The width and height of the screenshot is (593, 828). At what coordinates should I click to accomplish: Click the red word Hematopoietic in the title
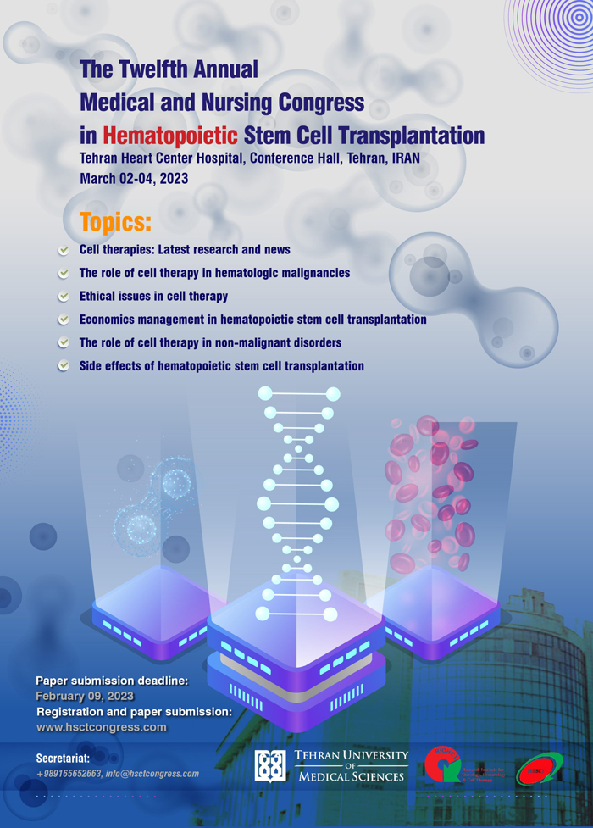[169, 134]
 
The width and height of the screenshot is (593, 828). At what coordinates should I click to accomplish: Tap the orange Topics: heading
[115, 223]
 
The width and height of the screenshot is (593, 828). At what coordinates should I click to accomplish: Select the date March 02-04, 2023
[133, 179]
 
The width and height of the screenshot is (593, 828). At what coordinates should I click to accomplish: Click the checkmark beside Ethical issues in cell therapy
[64, 297]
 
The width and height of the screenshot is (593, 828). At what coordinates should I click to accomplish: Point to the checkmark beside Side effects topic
[64, 367]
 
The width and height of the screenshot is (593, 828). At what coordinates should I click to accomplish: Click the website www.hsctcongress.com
[102, 727]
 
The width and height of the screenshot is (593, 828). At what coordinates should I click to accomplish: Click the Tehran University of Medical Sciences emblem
[271, 765]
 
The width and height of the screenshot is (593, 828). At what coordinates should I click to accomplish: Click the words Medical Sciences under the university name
[351, 776]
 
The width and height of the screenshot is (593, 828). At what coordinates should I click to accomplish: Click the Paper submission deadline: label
[112, 681]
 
